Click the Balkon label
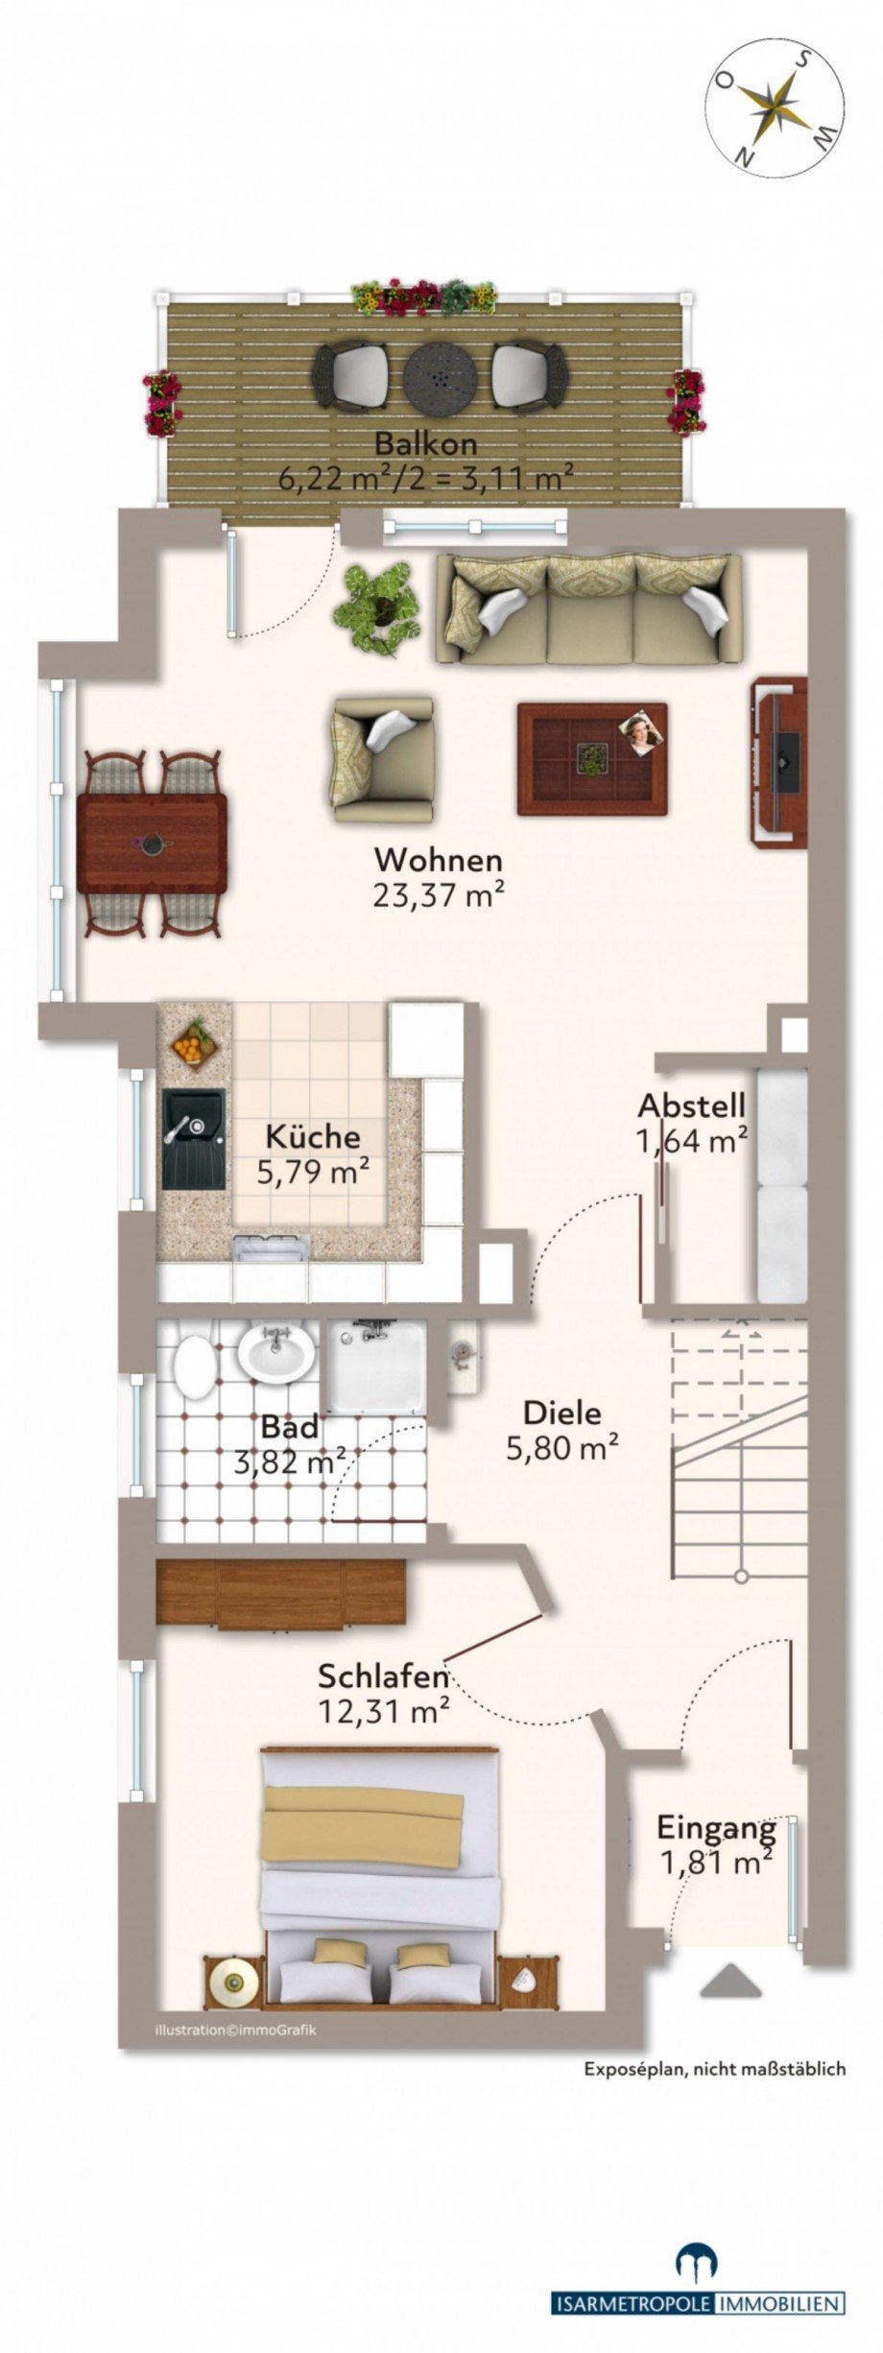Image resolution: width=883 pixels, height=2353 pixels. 425,444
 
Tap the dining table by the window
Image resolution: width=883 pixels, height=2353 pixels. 152,844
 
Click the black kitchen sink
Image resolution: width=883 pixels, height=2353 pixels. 193,1138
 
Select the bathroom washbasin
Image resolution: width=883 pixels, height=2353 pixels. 276,1355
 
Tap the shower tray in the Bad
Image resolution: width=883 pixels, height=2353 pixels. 375,1367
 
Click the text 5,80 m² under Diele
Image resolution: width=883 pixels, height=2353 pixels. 561,1447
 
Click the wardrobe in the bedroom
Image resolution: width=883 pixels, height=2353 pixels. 279,1593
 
